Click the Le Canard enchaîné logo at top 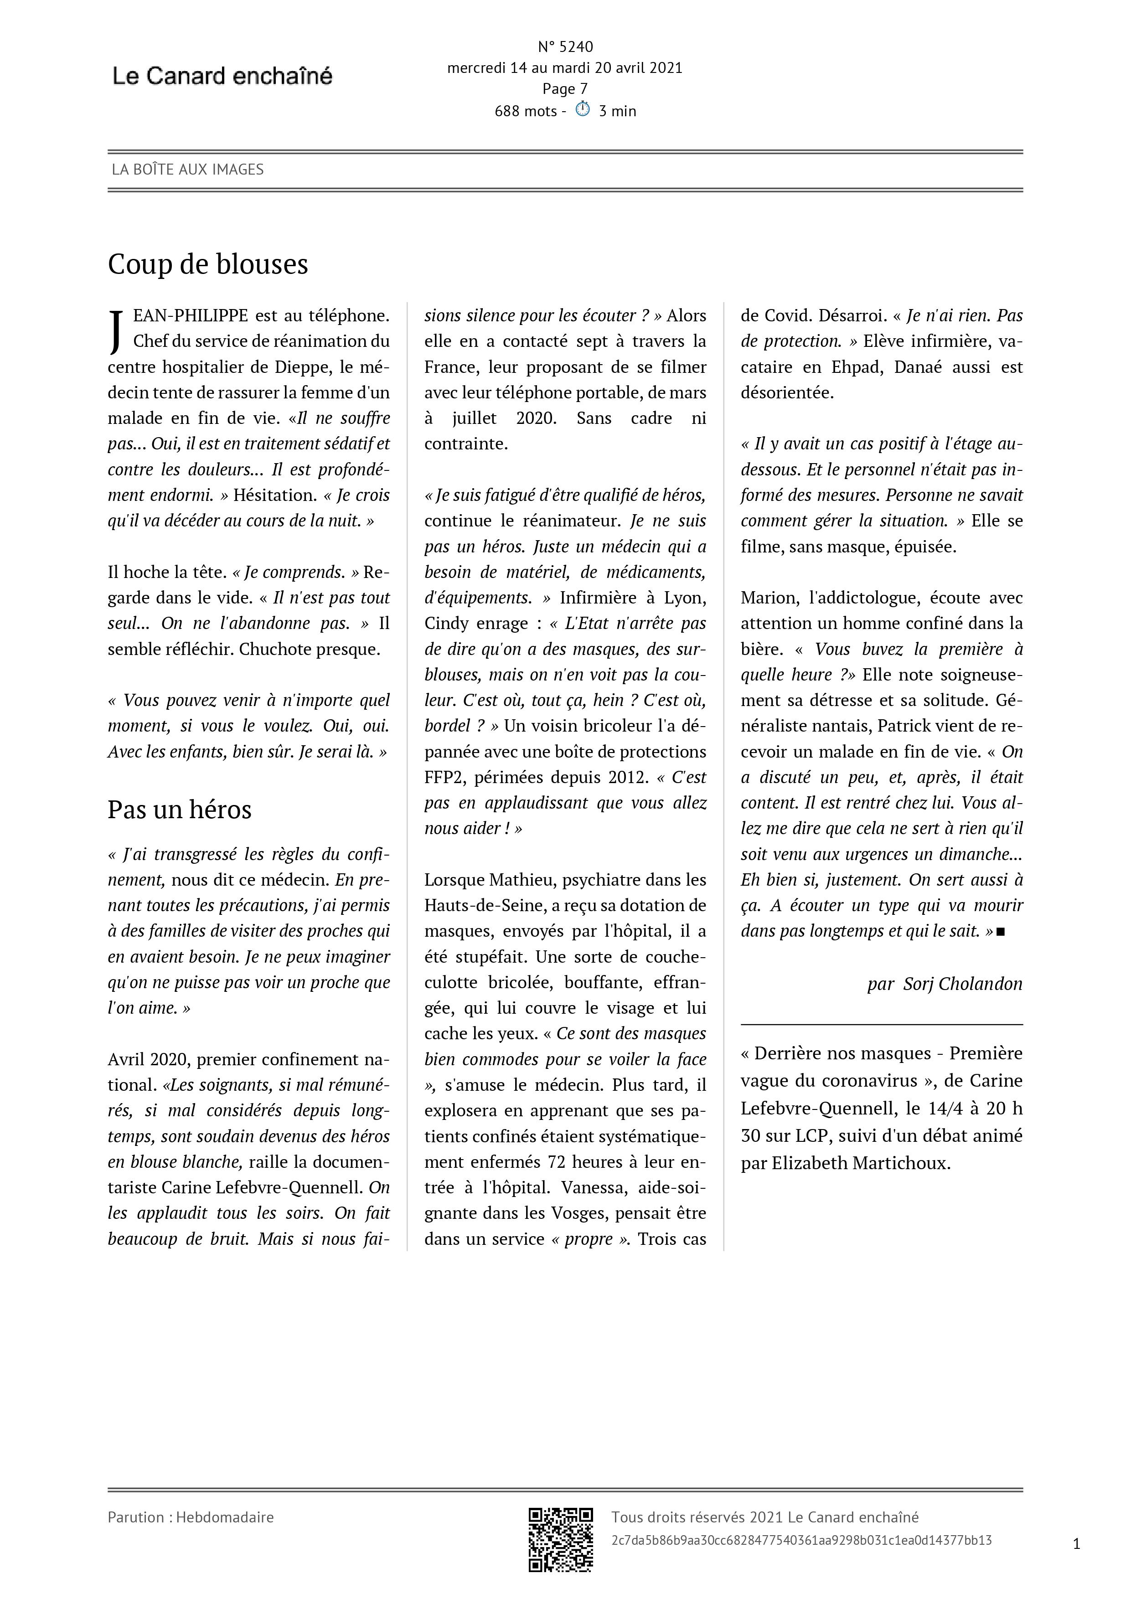222,76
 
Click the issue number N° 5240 565,46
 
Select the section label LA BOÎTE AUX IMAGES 187,169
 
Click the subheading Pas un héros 179,809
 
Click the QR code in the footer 561,1540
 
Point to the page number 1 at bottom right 1076,1544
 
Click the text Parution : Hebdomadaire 190,1517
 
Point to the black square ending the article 1001,932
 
